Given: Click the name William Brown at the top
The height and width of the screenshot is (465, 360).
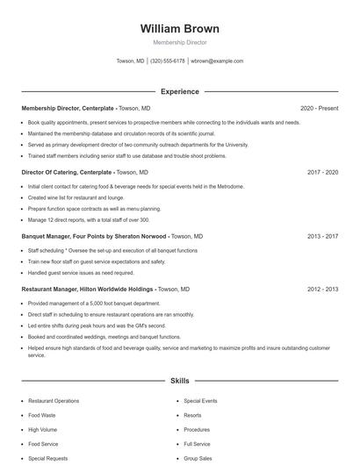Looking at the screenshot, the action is click(179, 28).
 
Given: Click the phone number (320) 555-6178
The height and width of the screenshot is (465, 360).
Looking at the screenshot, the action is click(167, 61).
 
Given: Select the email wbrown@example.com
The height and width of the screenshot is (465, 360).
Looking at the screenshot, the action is click(217, 61).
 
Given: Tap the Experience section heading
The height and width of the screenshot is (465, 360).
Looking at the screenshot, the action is click(179, 91).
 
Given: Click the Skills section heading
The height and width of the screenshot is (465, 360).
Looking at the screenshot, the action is click(179, 381).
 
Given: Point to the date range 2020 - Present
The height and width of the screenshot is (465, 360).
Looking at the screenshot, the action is click(319, 108).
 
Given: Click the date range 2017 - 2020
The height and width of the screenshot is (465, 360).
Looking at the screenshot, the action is click(322, 173).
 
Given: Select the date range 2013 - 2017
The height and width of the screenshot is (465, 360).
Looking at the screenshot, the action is click(322, 236).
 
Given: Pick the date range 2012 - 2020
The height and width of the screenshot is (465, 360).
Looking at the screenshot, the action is click(322, 289).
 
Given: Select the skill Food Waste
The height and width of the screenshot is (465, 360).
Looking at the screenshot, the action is click(41, 415).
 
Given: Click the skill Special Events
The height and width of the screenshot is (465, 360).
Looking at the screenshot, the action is click(200, 401).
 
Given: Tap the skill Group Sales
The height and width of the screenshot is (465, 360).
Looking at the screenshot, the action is click(198, 458).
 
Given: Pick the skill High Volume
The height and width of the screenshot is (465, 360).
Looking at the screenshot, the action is click(42, 430).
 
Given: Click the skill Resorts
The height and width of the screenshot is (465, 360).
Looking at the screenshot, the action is click(192, 415).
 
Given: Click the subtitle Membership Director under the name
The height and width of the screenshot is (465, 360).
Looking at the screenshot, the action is click(179, 42).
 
